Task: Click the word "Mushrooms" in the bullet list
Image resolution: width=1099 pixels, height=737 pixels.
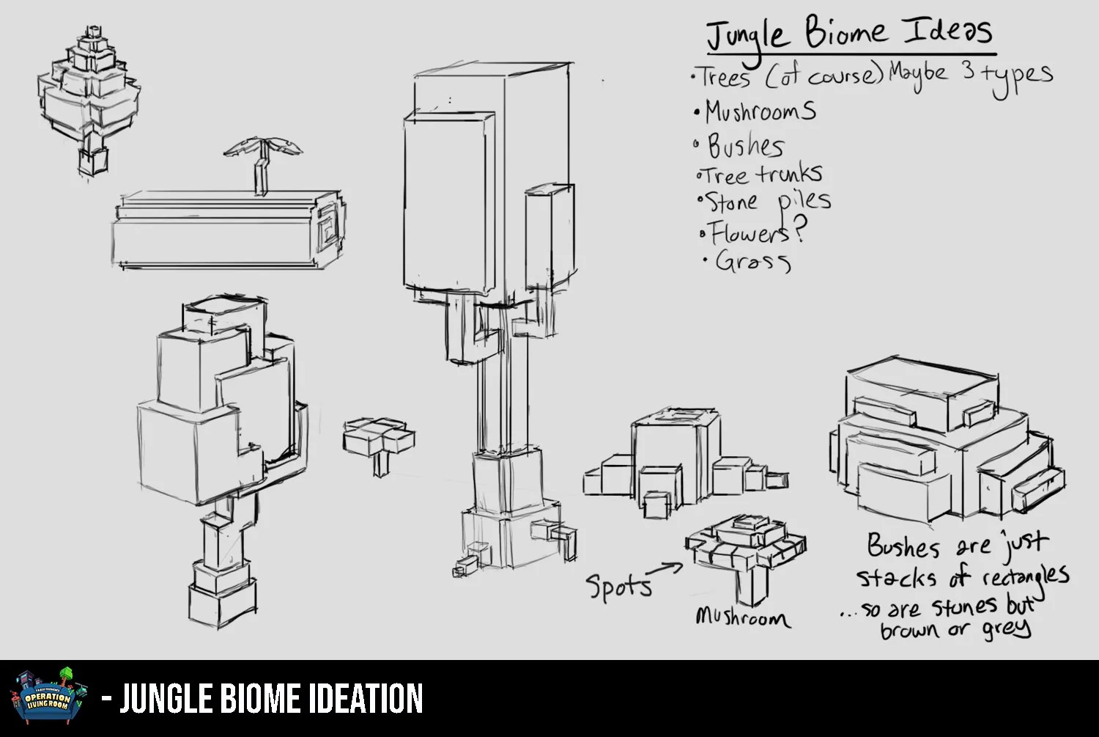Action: coord(760,111)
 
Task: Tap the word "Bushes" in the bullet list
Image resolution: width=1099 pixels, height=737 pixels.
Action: coord(745,146)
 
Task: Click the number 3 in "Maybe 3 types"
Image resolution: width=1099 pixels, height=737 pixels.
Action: coord(969,73)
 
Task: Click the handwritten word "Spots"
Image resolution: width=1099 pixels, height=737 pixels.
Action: coord(618,587)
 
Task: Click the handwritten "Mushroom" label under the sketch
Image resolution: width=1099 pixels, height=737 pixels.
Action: coord(742,618)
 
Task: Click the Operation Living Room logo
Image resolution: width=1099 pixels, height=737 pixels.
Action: coord(49,697)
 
